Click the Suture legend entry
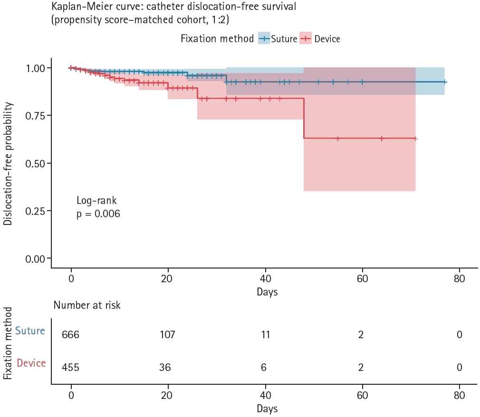(x=278, y=38)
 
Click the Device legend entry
(x=320, y=38)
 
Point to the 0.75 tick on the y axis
(x=49, y=115)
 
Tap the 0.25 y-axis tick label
(x=35, y=211)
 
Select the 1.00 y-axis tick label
(x=35, y=68)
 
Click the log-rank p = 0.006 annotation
(x=98, y=207)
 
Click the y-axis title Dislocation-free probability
(x=8, y=164)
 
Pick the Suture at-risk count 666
(x=70, y=335)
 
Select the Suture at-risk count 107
(x=167, y=335)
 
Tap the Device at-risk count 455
(x=70, y=367)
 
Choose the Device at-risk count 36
(x=165, y=367)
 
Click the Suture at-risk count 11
(x=265, y=335)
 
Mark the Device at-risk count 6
(x=264, y=367)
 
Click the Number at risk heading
(x=87, y=305)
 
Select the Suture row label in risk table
(x=30, y=331)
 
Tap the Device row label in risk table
(x=31, y=363)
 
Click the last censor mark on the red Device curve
(x=415, y=139)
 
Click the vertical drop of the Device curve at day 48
(x=304, y=119)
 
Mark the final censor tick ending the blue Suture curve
(x=444, y=82)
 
